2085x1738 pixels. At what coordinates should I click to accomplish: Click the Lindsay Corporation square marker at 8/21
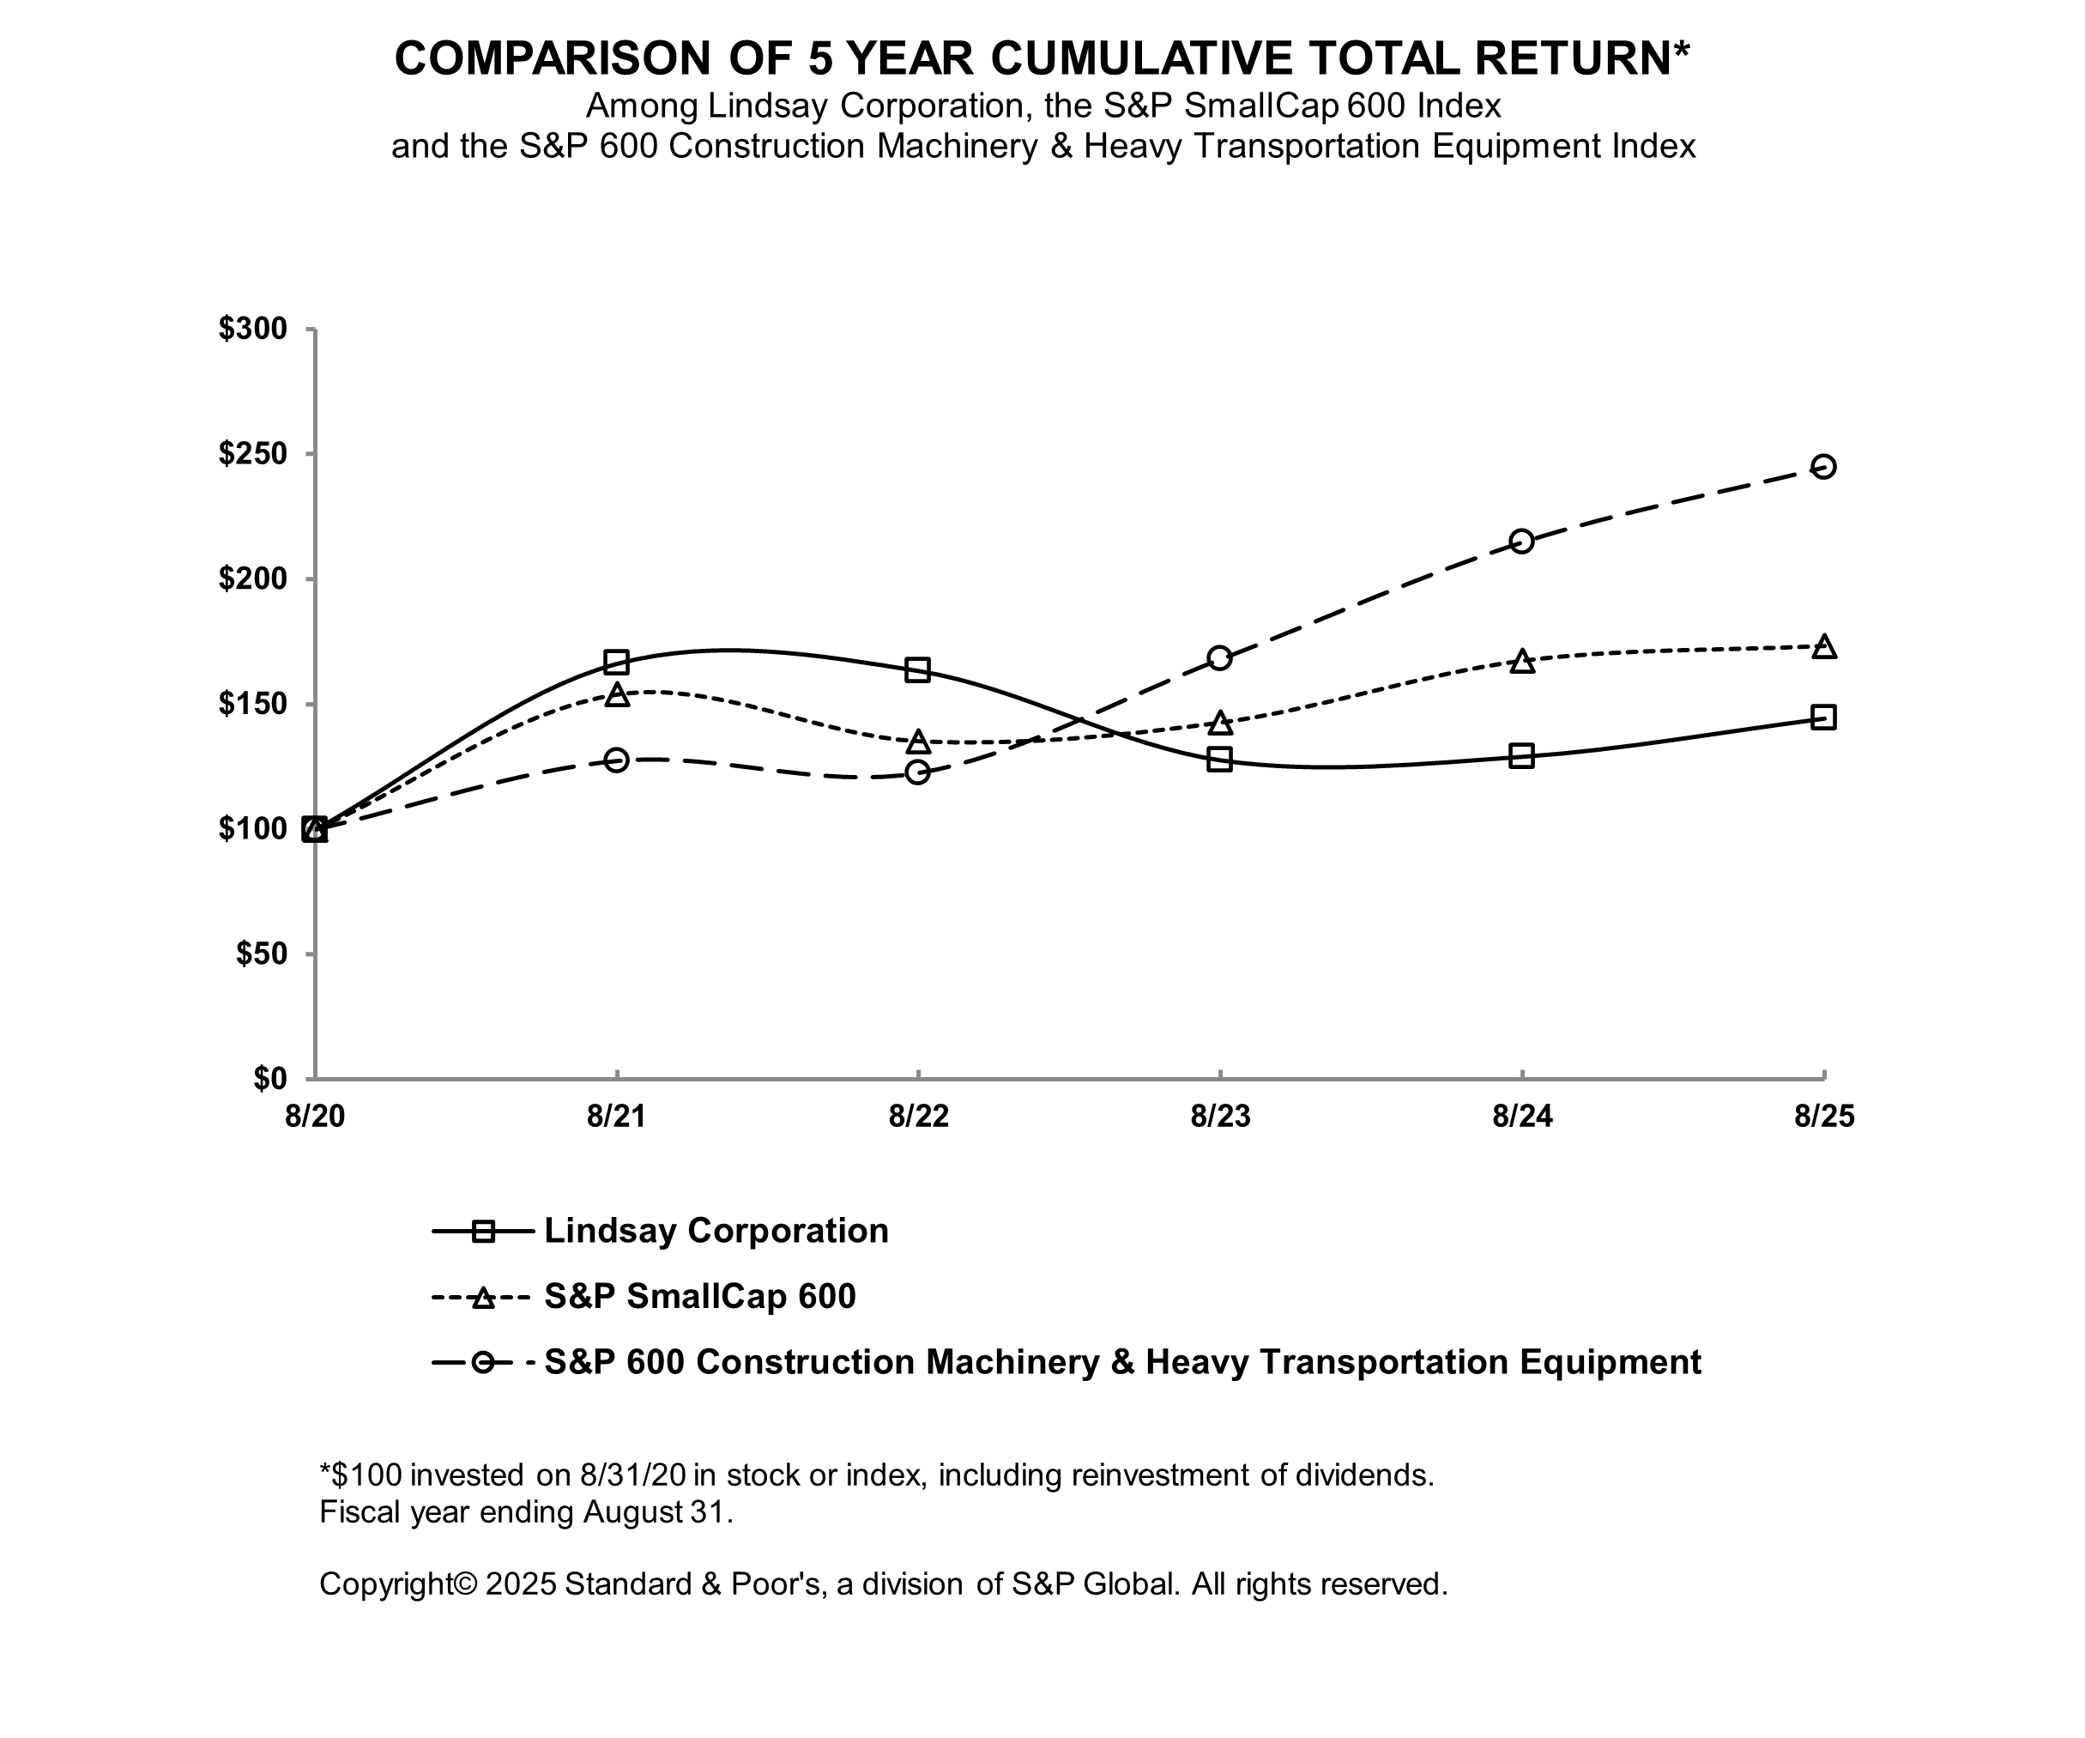(x=617, y=662)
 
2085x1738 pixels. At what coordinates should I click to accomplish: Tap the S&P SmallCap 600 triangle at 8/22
(x=918, y=742)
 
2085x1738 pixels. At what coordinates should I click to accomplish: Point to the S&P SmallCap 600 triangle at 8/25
(x=1823, y=646)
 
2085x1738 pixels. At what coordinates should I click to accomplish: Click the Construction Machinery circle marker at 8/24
(x=1521, y=542)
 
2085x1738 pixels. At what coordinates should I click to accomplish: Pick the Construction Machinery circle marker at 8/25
(x=1823, y=466)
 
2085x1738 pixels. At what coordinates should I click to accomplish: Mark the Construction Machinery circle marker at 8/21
(x=617, y=760)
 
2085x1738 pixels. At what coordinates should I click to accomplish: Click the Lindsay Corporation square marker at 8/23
(x=1220, y=760)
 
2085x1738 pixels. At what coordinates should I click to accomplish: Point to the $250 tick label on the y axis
(x=253, y=454)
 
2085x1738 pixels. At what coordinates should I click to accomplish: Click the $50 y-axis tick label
(x=261, y=954)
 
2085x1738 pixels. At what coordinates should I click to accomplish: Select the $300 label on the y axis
(x=253, y=329)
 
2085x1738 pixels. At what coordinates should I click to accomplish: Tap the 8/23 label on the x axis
(x=1220, y=1117)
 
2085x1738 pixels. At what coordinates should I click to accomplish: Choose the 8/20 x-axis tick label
(x=315, y=1117)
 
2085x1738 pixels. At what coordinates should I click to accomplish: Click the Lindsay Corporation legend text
(x=716, y=1232)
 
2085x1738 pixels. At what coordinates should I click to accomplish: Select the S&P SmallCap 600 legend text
(x=700, y=1296)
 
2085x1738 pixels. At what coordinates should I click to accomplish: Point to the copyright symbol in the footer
(x=465, y=1583)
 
